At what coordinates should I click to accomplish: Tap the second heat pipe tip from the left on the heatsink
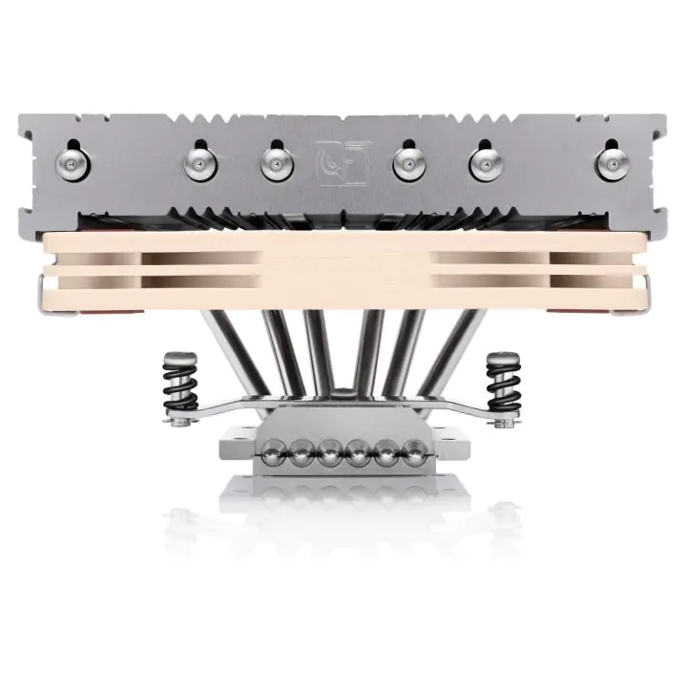tap(198, 161)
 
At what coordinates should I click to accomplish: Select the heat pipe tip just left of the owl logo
tap(274, 161)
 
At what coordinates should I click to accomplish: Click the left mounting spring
tap(177, 382)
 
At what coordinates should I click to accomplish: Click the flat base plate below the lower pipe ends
tap(343, 477)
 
